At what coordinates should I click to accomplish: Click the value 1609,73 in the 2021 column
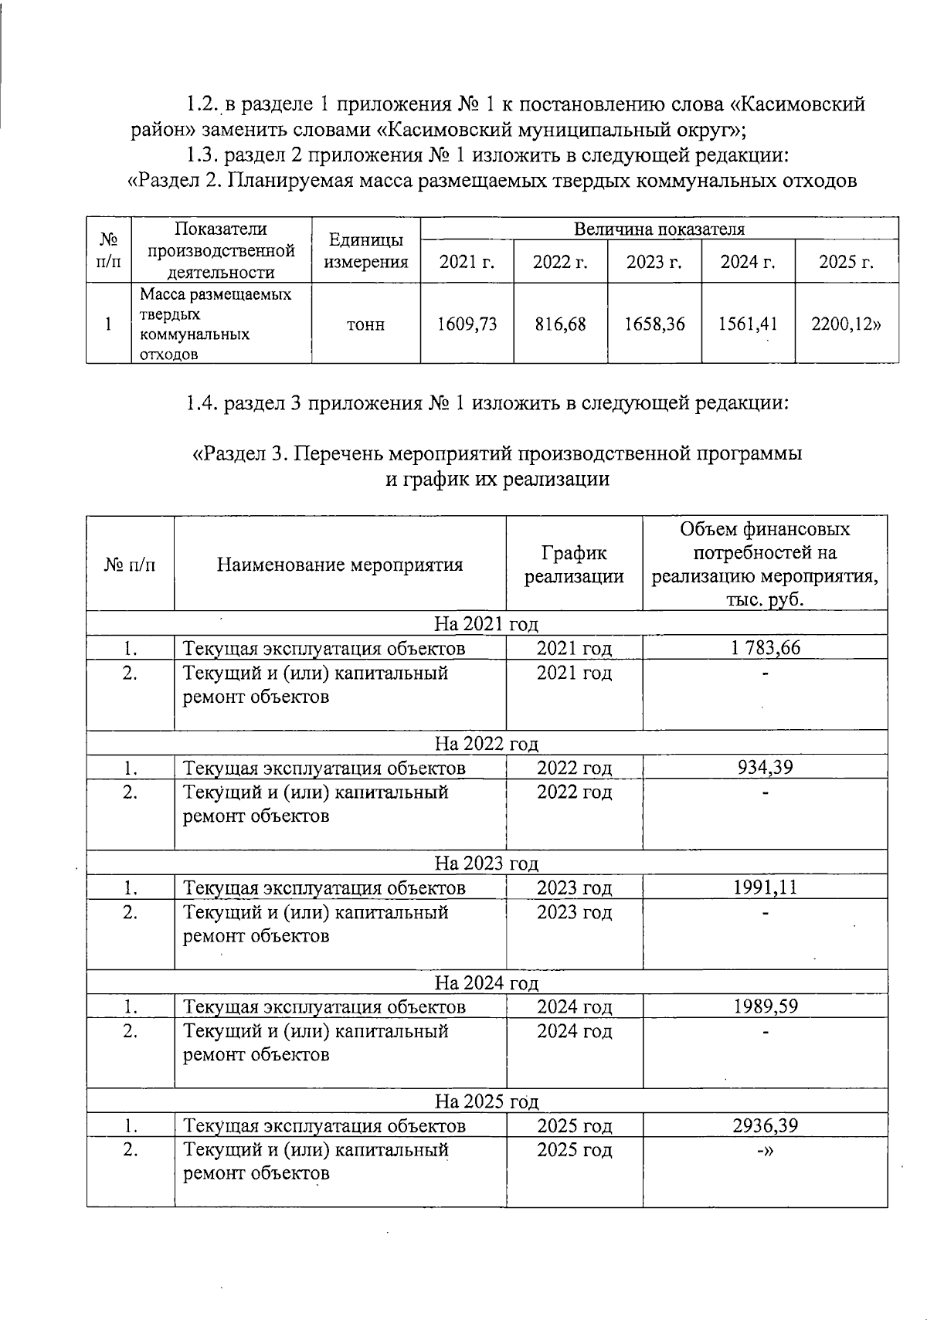point(467,324)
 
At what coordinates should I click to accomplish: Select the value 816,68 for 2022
point(560,324)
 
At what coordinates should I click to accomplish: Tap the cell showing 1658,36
point(654,324)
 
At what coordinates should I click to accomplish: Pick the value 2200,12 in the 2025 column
point(845,324)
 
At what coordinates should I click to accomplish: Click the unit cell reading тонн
point(365,324)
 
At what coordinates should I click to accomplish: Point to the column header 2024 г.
point(748,262)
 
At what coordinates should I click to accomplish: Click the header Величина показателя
point(659,229)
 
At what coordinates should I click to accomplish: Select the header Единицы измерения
point(365,251)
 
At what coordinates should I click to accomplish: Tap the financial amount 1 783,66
point(765,647)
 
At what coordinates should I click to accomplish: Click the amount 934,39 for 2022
point(765,767)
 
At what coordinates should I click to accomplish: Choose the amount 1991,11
point(765,887)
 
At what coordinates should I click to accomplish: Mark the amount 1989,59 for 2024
point(765,1006)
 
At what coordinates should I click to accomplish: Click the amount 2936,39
point(765,1125)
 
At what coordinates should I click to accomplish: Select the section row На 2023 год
point(487,863)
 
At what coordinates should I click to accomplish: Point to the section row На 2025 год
point(487,1101)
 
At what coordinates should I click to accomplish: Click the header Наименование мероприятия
point(340,565)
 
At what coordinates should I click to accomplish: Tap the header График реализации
point(574,565)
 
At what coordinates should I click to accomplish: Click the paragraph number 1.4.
point(202,403)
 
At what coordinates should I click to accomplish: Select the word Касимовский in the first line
point(797,103)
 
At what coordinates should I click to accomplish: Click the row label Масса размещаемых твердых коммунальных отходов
point(216,324)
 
